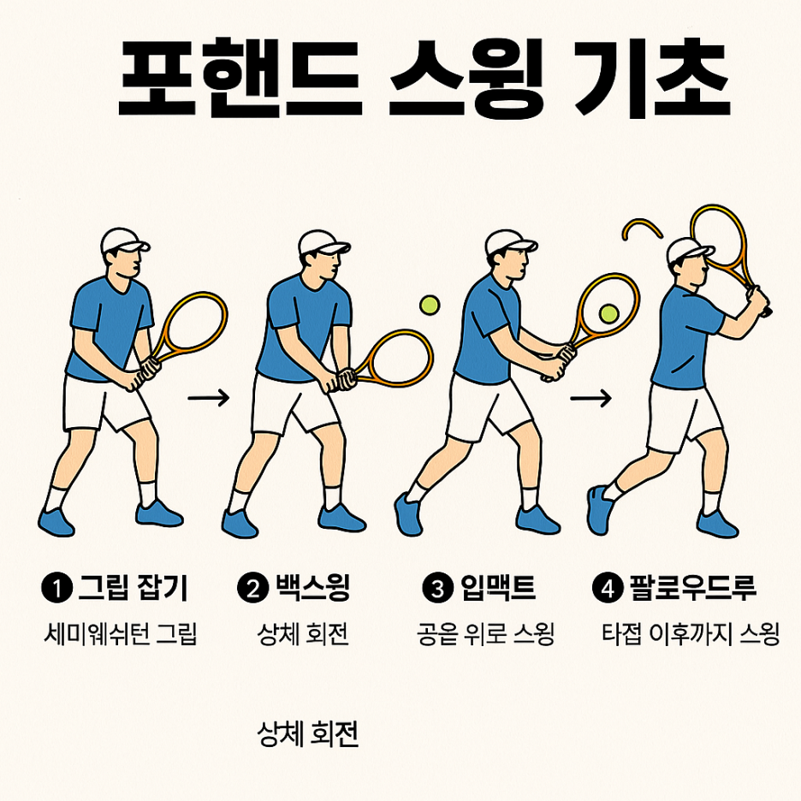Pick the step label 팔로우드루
(692, 588)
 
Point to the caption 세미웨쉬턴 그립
(120, 635)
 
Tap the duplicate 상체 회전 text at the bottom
(307, 734)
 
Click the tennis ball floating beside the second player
(429, 305)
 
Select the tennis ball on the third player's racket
(608, 314)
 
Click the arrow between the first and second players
(209, 397)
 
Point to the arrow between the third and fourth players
(591, 397)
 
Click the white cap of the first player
(122, 240)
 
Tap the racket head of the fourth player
(720, 235)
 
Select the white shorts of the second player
(293, 402)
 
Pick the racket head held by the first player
(193, 324)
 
